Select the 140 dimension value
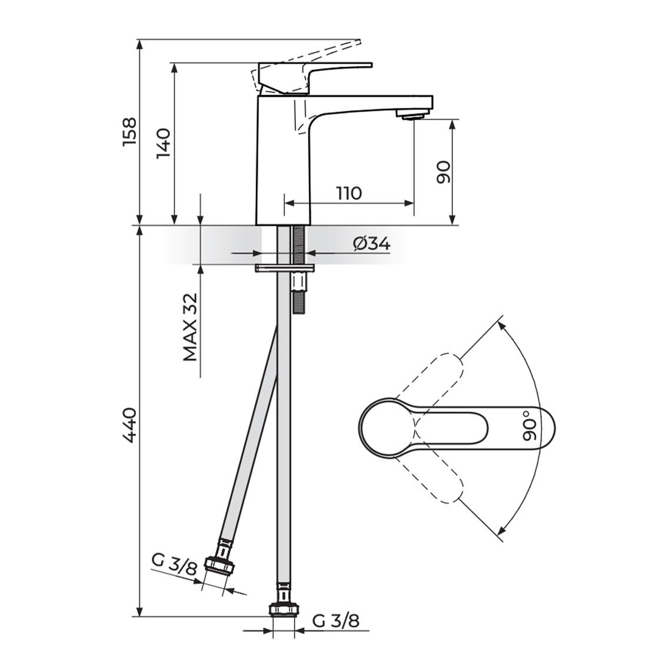pos(163,143)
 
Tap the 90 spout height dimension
pos(443,172)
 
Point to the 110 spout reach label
pos(350,194)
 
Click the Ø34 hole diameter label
pos(371,244)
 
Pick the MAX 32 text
pos(191,327)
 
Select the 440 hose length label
pos(129,425)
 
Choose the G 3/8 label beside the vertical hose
pos(336,621)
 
